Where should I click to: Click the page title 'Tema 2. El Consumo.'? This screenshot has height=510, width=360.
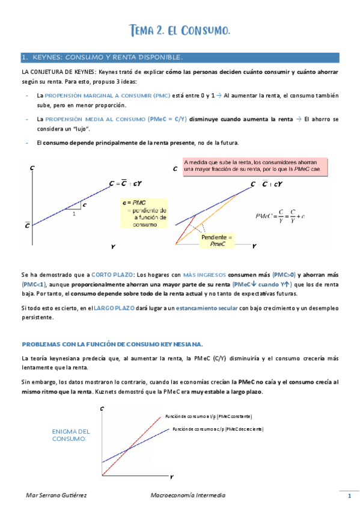tap(180, 30)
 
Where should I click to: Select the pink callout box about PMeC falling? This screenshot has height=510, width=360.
tap(255, 166)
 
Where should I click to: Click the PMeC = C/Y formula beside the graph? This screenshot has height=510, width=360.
tap(279, 215)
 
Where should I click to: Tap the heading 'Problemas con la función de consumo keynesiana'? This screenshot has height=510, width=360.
tap(112, 343)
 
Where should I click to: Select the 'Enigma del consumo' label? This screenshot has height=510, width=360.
tap(71, 435)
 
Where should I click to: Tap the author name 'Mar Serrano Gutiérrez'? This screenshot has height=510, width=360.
tap(52, 495)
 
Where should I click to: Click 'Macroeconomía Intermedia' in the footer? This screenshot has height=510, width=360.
tap(188, 495)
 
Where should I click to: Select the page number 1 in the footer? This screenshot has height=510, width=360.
tap(349, 496)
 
